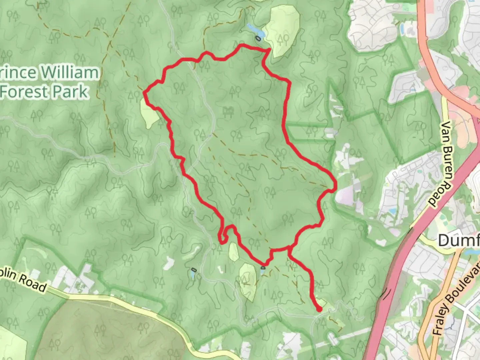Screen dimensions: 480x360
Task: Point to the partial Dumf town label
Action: click(x=459, y=240)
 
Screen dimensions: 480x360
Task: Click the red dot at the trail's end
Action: click(x=319, y=309)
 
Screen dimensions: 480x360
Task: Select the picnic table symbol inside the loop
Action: click(x=228, y=111)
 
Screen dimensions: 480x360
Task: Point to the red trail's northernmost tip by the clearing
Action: click(x=269, y=50)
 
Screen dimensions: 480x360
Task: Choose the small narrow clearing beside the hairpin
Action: click(x=234, y=252)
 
